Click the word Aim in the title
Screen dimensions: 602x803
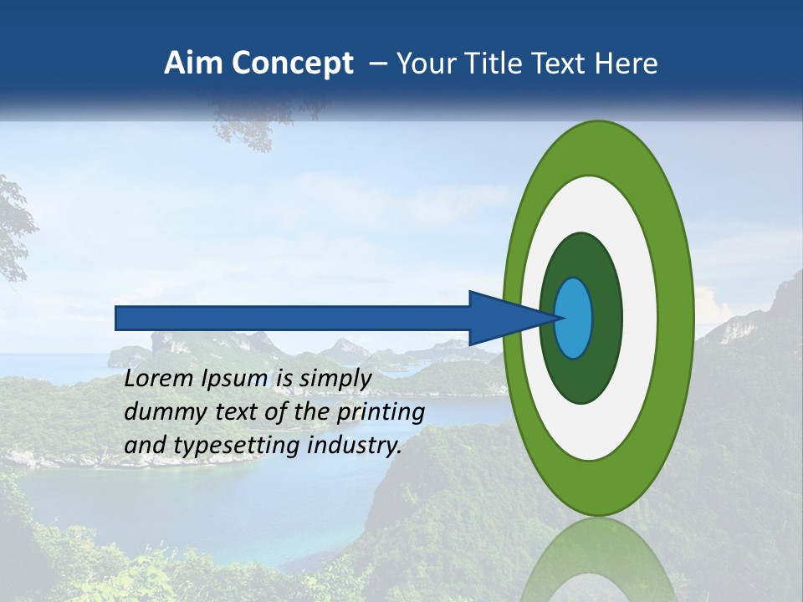(x=192, y=64)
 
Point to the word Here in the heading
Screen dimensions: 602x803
(x=627, y=64)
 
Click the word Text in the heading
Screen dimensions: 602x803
(x=560, y=64)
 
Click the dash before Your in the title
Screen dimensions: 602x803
(x=377, y=64)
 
